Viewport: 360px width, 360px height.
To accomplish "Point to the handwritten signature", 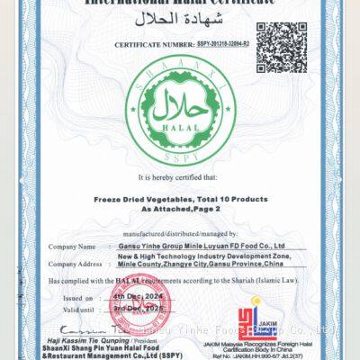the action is coord(83,329).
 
